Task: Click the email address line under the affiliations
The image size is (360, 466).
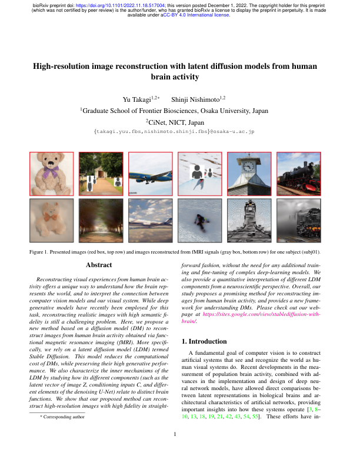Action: [179, 134]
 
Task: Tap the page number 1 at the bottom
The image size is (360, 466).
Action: [179, 451]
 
